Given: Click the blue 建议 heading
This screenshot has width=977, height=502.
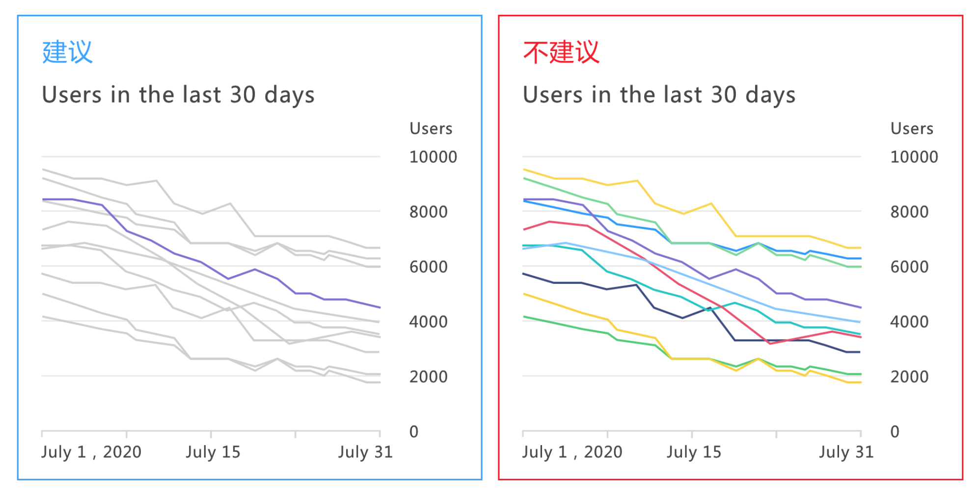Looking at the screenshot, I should pos(67,52).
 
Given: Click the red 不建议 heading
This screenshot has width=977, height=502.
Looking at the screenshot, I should pos(561,52).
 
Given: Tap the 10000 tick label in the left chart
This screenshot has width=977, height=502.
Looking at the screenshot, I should pos(433,157).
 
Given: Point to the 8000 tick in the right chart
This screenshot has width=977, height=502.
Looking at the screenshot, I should pos(909,212).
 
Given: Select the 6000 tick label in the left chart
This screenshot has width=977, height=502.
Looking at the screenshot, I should pos(428,267).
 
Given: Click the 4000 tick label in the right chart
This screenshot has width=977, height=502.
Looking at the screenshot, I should pos(909,322).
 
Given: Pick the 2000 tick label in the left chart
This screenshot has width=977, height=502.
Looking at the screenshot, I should pos(428,377).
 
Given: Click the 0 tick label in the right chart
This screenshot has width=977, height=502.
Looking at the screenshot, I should pos(895,432).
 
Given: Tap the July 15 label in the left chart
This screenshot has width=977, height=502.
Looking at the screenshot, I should pos(213,452).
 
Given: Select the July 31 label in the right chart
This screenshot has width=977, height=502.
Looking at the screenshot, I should pos(846,452).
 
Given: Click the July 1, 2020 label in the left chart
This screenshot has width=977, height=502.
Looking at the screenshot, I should pos(91,452).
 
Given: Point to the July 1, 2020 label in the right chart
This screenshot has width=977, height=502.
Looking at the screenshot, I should pos(572,452).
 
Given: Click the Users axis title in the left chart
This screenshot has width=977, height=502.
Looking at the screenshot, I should pos(431,129).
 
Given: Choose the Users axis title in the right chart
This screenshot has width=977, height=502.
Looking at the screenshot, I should pos(912,129).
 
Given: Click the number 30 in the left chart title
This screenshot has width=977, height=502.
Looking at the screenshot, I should pos(243,95).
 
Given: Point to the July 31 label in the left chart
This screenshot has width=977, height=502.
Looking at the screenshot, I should pos(365,452).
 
